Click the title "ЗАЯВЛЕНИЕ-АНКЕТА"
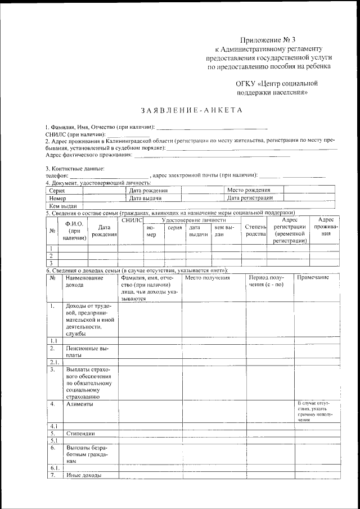[191, 110]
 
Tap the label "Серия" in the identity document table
[57, 191]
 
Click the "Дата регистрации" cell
[250, 198]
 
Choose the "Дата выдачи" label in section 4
[146, 199]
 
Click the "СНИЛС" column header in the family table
[132, 220]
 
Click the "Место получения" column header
[208, 278]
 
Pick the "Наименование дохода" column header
[84, 281]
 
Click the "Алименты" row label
[80, 404]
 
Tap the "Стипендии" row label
[80, 434]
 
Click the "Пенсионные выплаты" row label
[84, 352]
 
